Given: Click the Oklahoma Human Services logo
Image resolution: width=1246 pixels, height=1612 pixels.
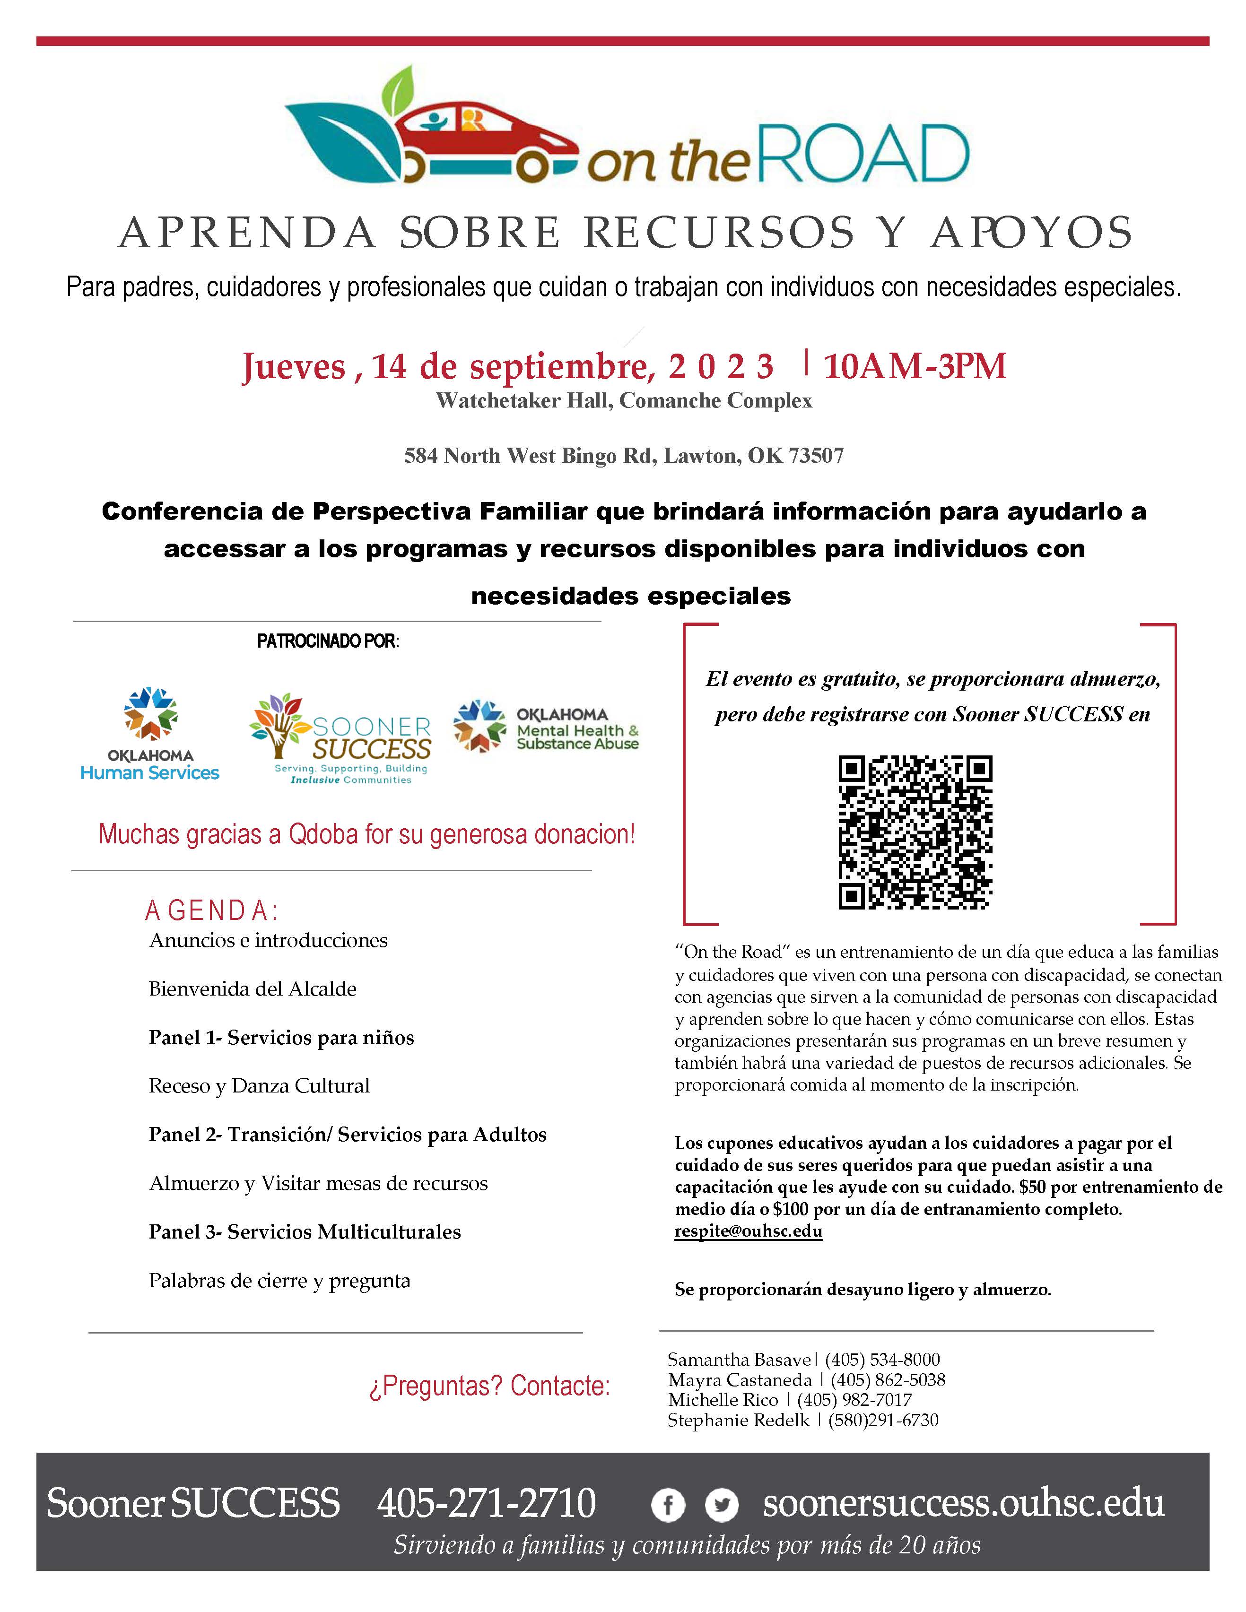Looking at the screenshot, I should click(150, 735).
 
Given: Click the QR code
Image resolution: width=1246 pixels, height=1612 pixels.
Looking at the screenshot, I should click(915, 832).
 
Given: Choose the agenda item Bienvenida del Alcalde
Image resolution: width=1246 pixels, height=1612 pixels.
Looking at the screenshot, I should click(253, 989).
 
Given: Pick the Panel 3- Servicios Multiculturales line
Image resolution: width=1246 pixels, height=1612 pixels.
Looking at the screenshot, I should click(305, 1232).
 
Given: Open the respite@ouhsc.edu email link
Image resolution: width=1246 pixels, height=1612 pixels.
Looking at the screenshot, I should click(748, 1231).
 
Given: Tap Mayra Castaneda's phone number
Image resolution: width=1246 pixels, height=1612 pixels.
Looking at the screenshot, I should click(888, 1379).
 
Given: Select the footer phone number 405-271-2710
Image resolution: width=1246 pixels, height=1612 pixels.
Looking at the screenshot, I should click(487, 1503).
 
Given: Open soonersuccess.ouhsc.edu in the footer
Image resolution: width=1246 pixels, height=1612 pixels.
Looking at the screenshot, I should click(963, 1503).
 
